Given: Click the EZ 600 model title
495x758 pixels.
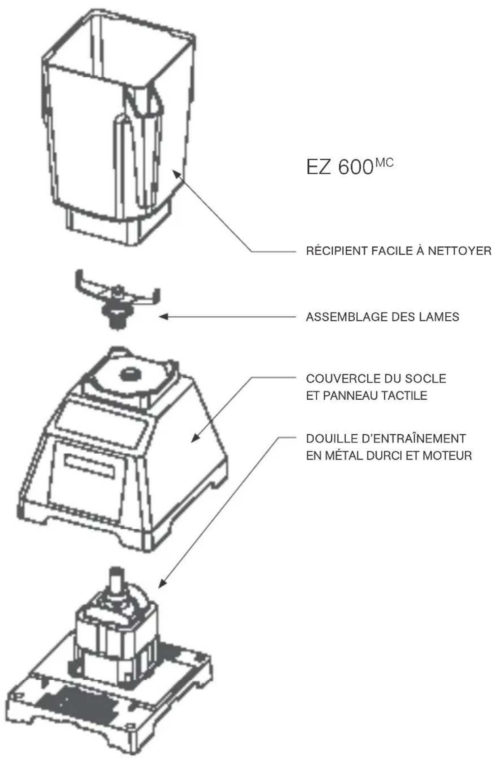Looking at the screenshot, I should [x=340, y=168].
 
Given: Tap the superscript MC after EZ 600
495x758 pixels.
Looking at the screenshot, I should [x=384, y=162].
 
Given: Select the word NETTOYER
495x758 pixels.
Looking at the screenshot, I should [x=460, y=251].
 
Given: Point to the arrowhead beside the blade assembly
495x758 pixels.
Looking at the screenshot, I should [x=163, y=316].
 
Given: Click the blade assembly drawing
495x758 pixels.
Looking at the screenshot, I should [x=118, y=302].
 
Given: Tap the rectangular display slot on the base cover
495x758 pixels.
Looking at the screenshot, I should [x=90, y=465].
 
